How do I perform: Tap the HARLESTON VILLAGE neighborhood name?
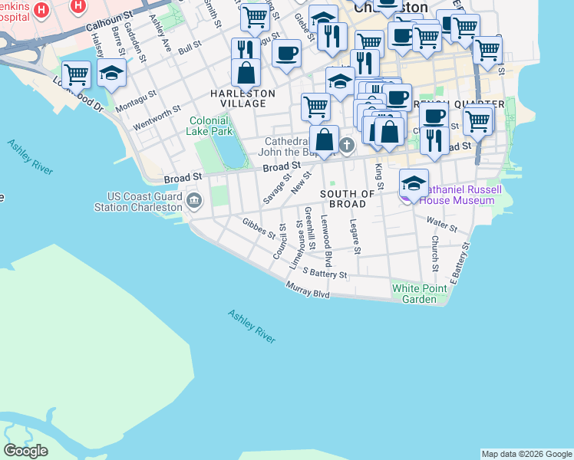242,98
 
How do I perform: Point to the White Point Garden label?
420,294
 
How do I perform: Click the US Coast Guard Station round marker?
193,201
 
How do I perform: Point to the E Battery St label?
458,263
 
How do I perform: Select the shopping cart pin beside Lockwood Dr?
77,75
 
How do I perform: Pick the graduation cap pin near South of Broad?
413,182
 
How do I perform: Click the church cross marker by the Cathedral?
346,145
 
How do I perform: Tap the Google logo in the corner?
25,451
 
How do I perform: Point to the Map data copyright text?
526,454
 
